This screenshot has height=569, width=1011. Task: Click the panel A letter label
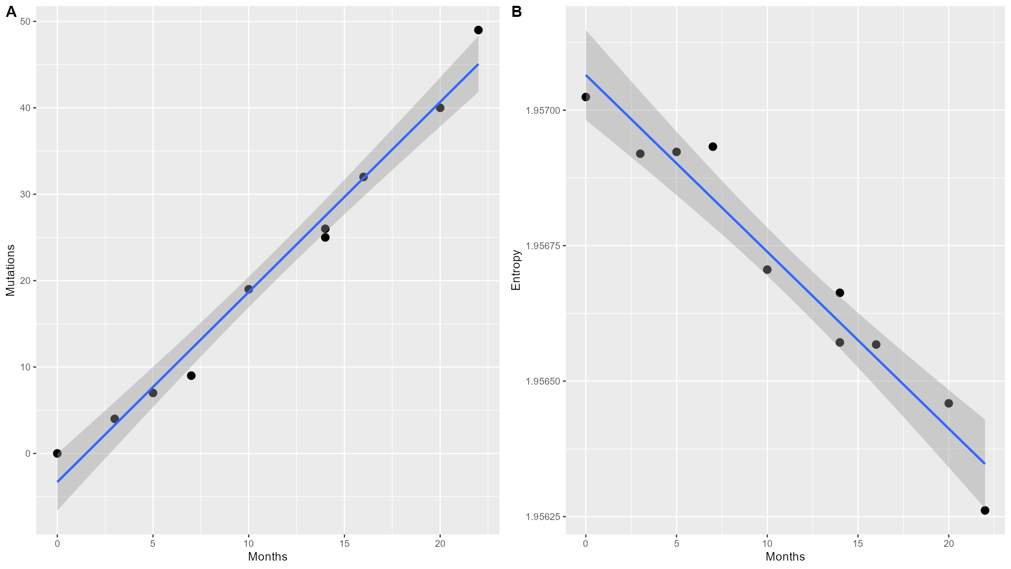point(12,12)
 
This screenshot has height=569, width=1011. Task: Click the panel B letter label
point(517,12)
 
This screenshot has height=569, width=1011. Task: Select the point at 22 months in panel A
point(478,30)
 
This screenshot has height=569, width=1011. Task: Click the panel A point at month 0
point(57,453)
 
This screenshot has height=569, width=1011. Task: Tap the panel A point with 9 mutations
point(191,376)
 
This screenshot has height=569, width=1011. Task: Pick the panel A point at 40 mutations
point(440,108)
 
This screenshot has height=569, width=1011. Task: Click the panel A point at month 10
point(249,289)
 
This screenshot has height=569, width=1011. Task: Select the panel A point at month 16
point(363,177)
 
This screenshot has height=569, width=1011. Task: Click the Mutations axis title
point(11,270)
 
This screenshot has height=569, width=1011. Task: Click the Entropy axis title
point(516,270)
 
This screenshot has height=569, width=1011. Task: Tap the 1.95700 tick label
point(543,111)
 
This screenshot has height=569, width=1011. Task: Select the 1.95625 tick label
point(543,517)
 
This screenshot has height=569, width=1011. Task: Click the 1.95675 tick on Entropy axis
point(543,246)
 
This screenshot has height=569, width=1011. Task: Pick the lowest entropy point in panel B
point(985,510)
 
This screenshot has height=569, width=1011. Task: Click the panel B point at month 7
point(712,146)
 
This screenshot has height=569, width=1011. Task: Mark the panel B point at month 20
point(948,404)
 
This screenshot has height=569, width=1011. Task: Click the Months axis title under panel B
point(785,557)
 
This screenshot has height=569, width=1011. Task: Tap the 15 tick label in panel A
point(344,543)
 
